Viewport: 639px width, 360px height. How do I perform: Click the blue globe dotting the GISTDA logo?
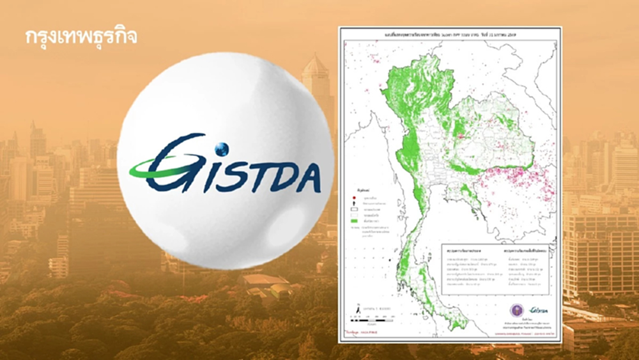tap(221, 149)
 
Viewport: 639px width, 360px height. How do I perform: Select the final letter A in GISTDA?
tap(307, 178)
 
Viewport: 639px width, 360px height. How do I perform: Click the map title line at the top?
tap(449, 31)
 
